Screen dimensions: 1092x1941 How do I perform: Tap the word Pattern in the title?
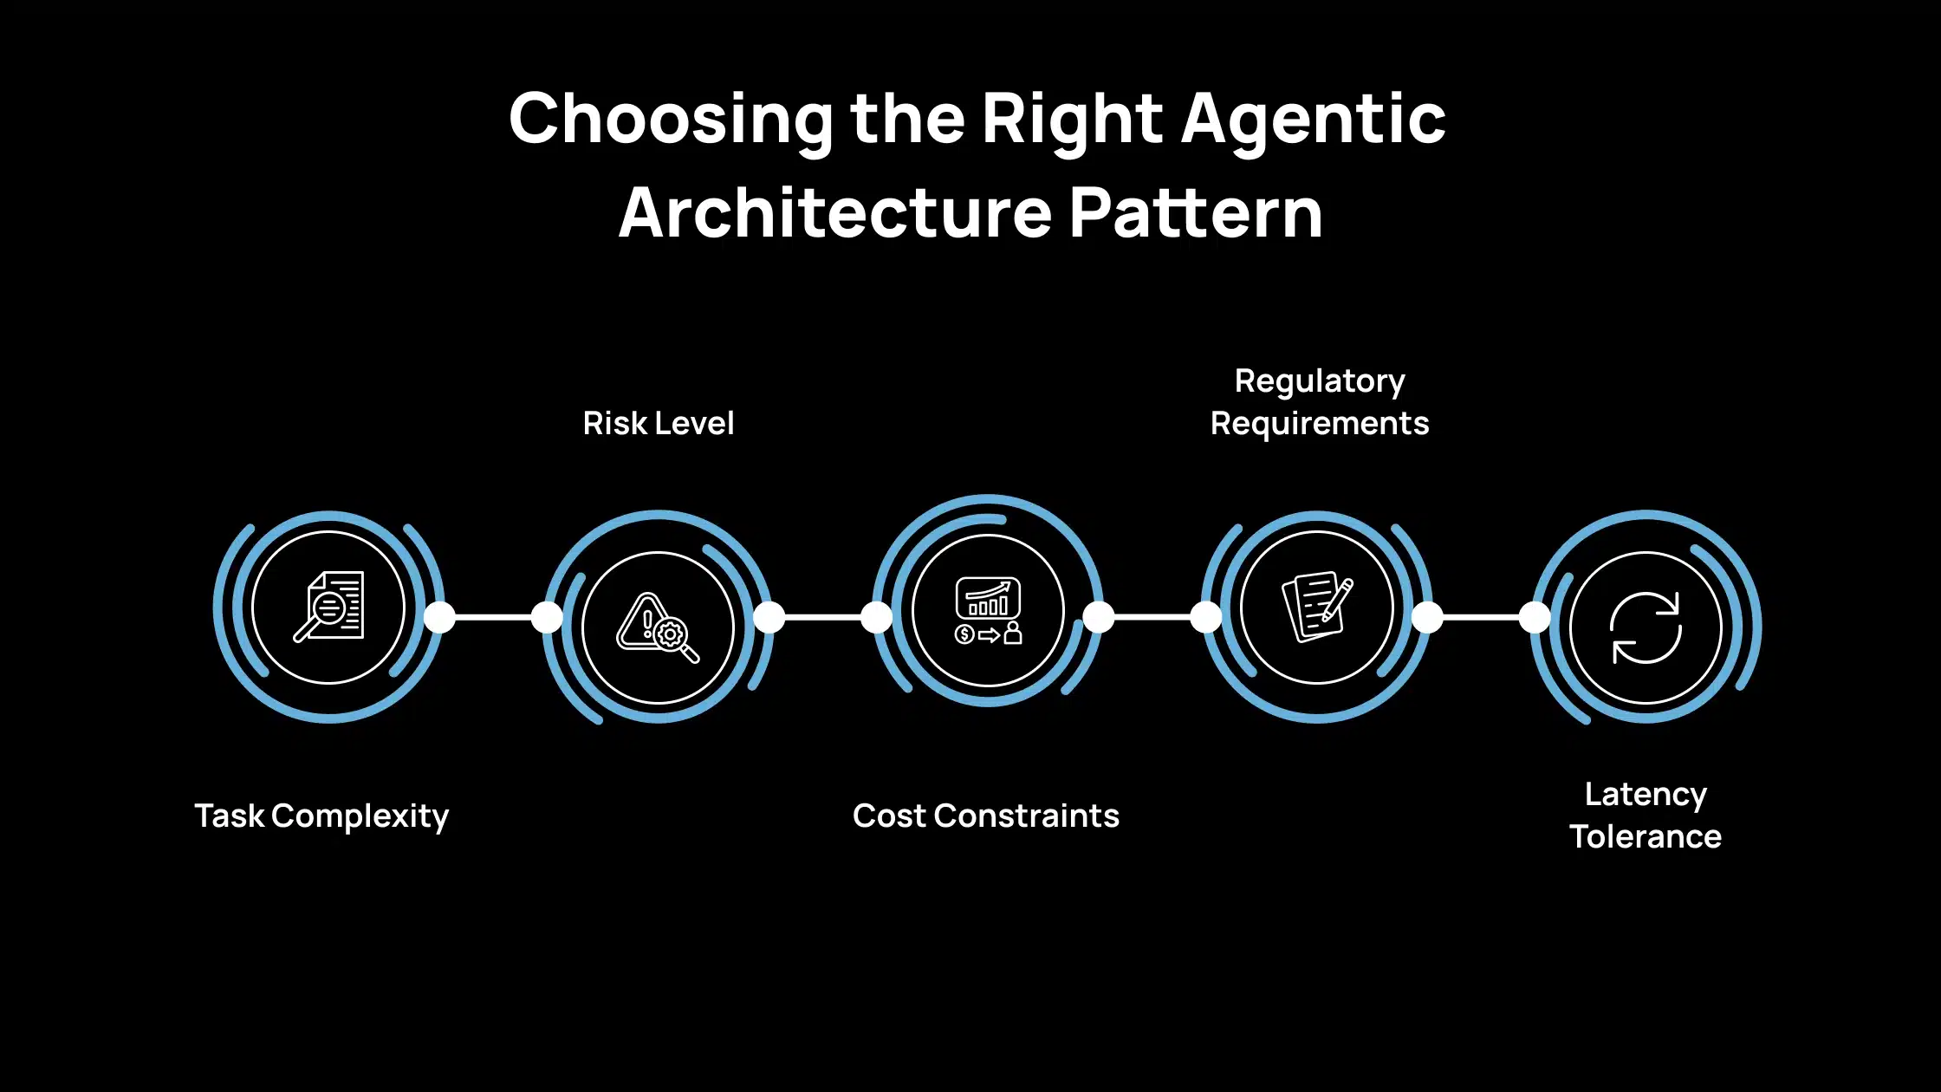tap(1196, 213)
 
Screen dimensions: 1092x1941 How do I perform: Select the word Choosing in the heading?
tap(672, 120)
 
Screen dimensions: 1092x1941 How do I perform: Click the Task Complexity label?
tap(321, 816)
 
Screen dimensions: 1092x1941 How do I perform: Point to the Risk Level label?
tap(659, 423)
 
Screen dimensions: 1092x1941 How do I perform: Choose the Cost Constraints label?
tap(986, 816)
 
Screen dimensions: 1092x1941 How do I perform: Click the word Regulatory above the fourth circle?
tap(1320, 381)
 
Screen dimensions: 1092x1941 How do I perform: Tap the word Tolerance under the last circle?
tap(1646, 836)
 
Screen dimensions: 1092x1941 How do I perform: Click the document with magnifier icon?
tap(329, 607)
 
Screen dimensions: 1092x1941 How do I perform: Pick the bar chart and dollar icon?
tap(988, 610)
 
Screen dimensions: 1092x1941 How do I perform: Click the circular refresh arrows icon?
tap(1646, 627)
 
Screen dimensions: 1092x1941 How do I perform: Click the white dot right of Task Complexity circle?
tap(439, 617)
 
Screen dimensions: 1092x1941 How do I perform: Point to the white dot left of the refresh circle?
tap(1535, 617)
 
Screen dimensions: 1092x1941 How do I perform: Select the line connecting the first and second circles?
tap(494, 617)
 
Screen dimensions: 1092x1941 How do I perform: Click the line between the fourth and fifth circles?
tap(1482, 617)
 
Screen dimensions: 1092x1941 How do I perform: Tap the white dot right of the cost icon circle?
tap(1098, 617)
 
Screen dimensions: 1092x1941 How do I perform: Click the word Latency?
tap(1646, 794)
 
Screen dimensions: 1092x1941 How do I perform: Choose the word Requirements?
tap(1320, 424)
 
